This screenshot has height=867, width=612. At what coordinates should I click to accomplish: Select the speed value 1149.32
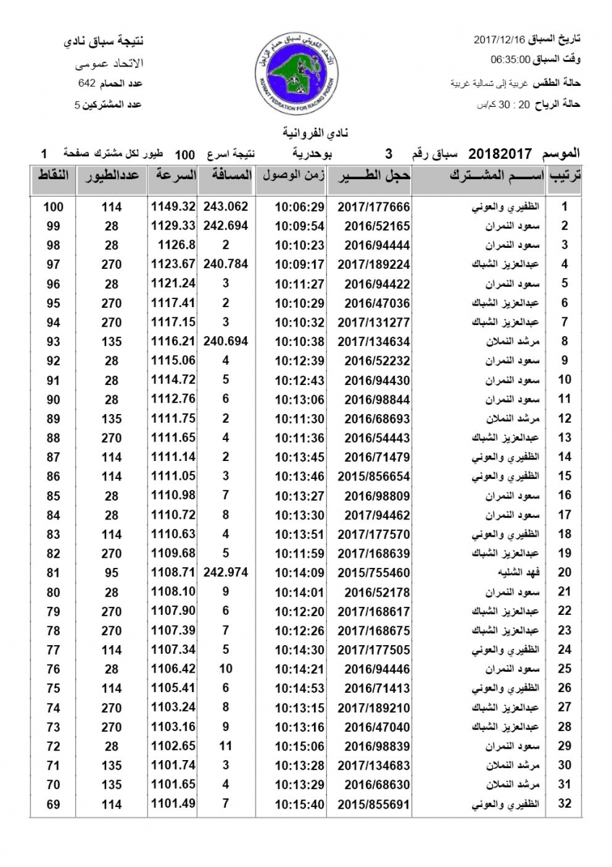click(173, 206)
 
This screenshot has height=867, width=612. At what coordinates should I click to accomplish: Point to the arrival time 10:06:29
click(300, 207)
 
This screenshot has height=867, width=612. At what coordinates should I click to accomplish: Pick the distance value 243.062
click(226, 206)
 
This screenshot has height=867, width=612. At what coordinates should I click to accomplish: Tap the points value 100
click(53, 207)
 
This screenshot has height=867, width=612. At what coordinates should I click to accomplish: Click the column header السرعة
click(173, 176)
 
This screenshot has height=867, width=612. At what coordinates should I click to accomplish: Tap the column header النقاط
click(53, 176)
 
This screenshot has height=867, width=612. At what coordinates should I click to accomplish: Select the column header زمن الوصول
click(292, 176)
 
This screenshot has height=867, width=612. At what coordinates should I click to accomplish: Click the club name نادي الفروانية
click(306, 133)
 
